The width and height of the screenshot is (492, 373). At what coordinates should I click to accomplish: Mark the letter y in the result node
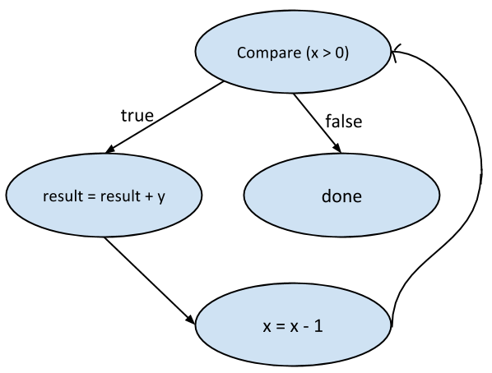point(160,200)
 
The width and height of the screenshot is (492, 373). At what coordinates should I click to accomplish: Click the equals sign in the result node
point(86,198)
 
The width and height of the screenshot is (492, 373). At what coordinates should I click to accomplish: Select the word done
point(341,197)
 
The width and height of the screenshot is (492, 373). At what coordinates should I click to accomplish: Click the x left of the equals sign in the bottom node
point(266,325)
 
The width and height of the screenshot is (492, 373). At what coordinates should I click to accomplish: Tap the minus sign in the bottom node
point(305,325)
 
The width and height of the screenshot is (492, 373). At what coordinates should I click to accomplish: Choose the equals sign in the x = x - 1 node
point(279,325)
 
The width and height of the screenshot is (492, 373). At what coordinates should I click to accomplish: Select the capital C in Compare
point(241,53)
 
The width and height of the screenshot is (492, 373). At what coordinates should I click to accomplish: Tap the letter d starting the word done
point(326,197)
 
